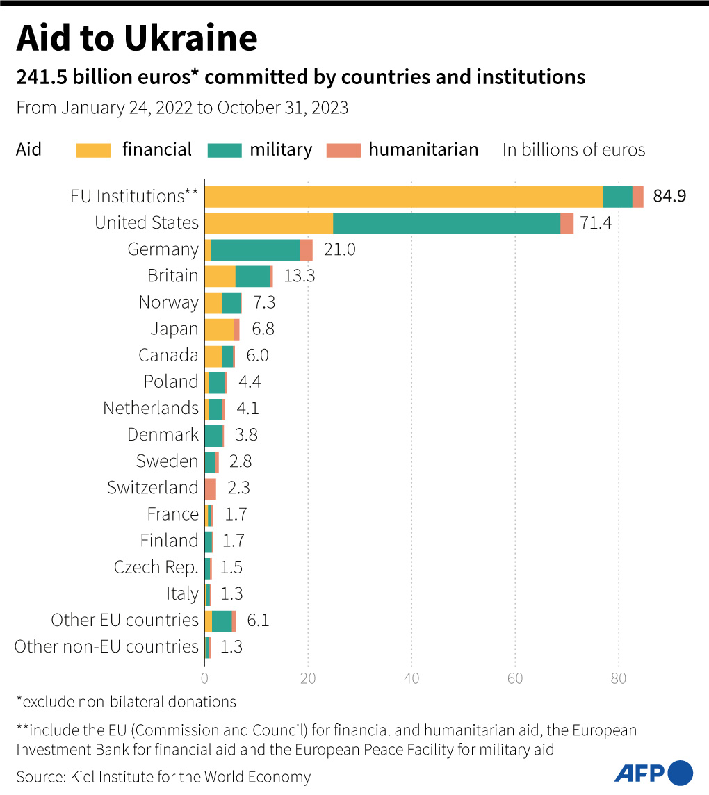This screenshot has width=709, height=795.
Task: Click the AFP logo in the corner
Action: [x=653, y=772]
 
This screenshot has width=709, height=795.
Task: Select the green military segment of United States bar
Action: [x=446, y=223]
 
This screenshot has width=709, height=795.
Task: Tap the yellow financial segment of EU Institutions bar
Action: [x=403, y=197]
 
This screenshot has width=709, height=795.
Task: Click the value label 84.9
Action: [x=669, y=197]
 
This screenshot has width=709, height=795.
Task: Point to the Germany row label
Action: [x=163, y=249]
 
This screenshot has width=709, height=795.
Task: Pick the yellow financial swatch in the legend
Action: [x=93, y=150]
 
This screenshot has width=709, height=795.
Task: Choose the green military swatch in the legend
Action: [x=224, y=150]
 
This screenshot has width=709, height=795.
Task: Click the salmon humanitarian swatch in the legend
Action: [x=343, y=150]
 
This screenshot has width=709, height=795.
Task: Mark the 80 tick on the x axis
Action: [x=619, y=678]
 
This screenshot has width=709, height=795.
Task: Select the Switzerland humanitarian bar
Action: [x=210, y=489]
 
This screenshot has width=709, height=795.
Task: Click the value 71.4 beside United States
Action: [x=595, y=223]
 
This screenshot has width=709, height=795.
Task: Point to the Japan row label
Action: [x=174, y=329]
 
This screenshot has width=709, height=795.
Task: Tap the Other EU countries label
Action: [x=125, y=620]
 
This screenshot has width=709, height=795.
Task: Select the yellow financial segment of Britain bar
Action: [x=220, y=276]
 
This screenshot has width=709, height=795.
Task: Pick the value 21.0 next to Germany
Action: [x=339, y=249]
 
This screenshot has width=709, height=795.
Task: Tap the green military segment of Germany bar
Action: [x=255, y=249]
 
